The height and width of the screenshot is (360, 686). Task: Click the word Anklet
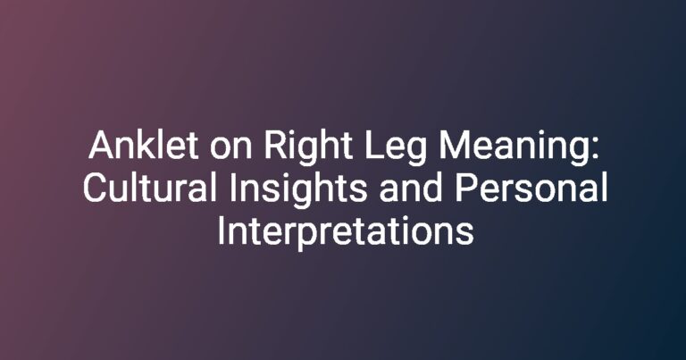144,146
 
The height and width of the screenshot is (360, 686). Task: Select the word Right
308,148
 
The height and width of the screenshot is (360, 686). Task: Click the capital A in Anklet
103,146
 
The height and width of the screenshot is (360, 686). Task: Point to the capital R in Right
276,146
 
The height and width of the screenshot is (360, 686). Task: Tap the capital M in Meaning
454,146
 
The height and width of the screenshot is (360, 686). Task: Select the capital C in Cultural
96,188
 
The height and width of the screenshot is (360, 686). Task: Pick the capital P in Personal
466,188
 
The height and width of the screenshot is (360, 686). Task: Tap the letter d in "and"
432,188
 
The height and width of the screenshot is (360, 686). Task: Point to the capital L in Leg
374,146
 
